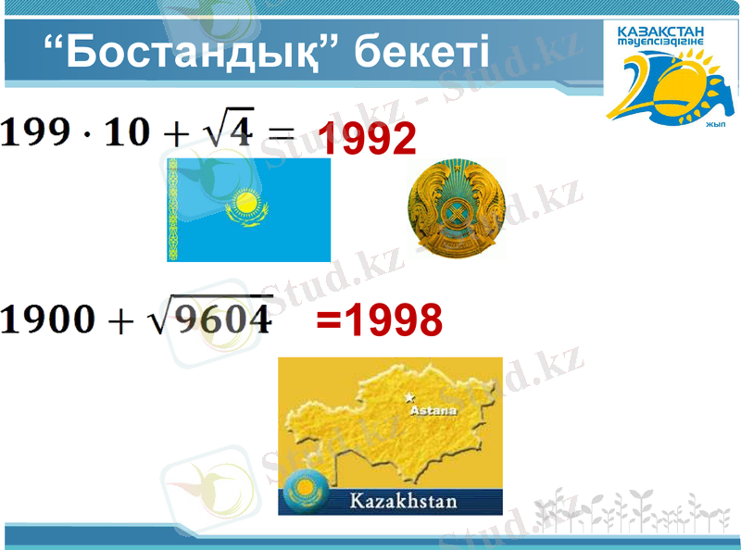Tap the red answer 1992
(x=368, y=139)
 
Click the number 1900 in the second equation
(x=47, y=319)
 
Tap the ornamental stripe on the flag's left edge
(x=172, y=209)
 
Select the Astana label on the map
(x=433, y=409)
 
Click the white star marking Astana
(x=409, y=398)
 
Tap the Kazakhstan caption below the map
(x=403, y=502)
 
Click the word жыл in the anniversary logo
(x=714, y=125)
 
